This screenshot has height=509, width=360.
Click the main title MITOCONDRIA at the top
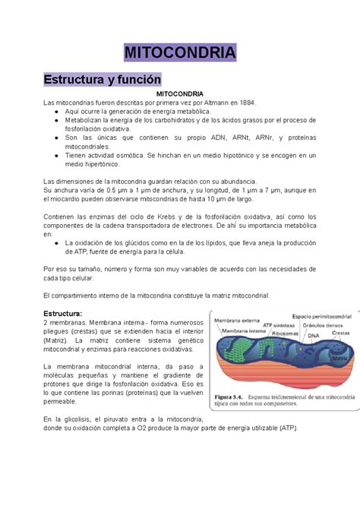(180, 53)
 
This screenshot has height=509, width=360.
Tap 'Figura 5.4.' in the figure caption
(231, 395)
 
